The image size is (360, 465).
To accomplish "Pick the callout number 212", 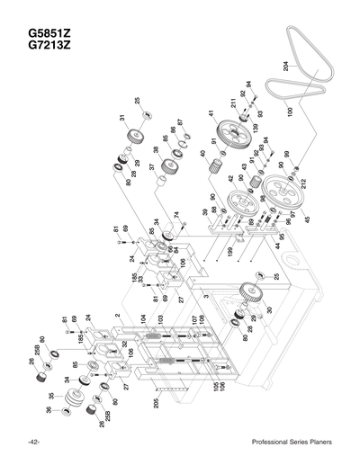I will (304, 184).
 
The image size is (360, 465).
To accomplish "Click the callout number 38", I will (156, 149).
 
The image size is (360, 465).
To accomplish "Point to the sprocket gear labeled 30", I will (256, 296).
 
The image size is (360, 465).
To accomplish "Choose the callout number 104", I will (142, 318).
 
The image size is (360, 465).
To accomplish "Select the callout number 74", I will (176, 215).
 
